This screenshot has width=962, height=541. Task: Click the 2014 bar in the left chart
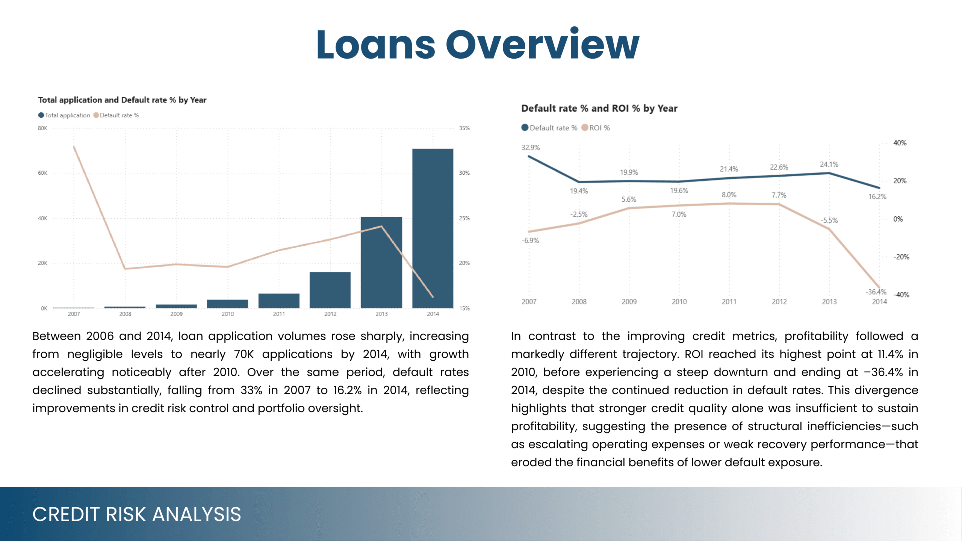[x=433, y=228]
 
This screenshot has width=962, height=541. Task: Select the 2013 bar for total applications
[x=381, y=263]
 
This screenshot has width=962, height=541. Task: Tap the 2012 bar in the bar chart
[x=330, y=290]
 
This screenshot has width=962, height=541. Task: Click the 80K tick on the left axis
[x=42, y=128]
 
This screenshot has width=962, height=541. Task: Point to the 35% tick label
[x=464, y=128]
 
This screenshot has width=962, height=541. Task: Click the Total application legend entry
[x=64, y=115]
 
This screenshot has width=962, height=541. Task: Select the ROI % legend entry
[x=596, y=128]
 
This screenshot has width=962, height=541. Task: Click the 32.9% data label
[x=531, y=148]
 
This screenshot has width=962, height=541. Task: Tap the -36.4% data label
[x=876, y=292]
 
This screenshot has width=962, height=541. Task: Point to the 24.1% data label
[x=829, y=165]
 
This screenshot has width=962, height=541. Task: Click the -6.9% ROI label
[x=530, y=240]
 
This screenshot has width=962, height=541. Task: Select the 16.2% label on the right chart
[x=877, y=196]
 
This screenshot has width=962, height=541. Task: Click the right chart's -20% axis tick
[x=901, y=257]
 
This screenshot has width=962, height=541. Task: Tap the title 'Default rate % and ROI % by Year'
[x=599, y=109]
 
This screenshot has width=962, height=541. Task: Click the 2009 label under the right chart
[x=629, y=302]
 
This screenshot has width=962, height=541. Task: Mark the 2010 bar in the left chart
[x=227, y=304]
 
